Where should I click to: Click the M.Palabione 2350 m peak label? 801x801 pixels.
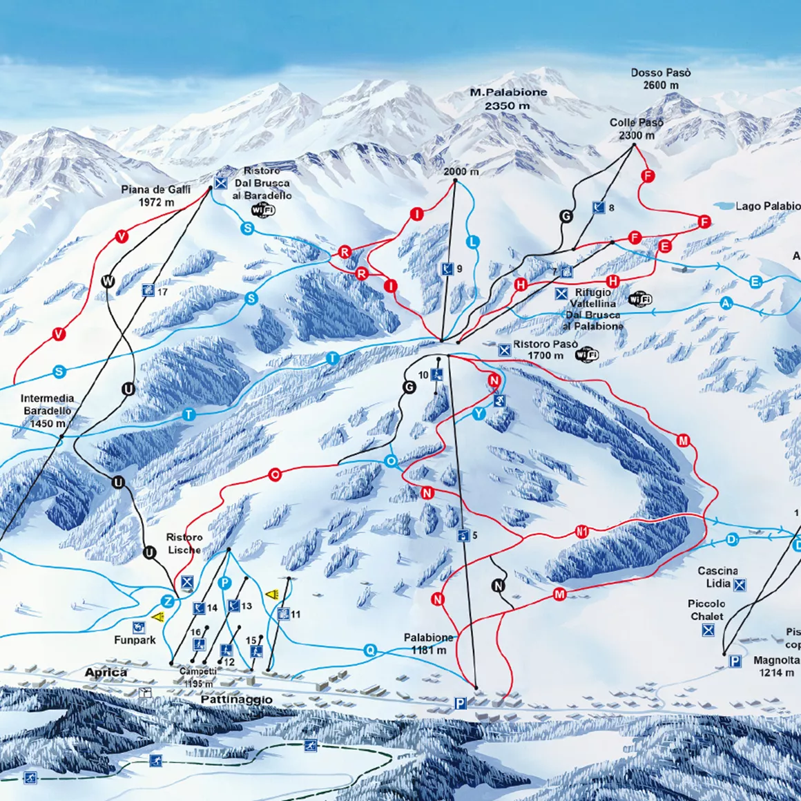508,99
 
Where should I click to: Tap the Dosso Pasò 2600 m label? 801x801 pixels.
660,79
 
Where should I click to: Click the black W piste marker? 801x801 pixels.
108,280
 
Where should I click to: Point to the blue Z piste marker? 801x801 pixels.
167,600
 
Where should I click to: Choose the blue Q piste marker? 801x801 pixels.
371,650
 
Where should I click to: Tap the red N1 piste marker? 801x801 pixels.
582,532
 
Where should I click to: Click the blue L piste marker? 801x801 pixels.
473,242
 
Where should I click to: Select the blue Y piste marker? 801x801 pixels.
479,414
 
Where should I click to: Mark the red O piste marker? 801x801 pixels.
275,474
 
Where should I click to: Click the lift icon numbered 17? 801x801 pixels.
148,291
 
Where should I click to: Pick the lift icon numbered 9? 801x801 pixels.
447,269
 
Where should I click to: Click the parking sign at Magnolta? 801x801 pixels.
735,662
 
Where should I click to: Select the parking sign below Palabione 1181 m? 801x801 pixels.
460,703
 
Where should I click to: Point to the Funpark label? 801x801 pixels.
135,640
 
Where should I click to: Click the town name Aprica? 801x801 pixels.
106,672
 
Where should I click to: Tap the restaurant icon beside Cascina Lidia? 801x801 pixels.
740,585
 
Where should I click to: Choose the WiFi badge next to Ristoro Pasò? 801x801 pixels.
587,355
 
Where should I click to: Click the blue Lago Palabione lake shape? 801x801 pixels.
722,206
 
